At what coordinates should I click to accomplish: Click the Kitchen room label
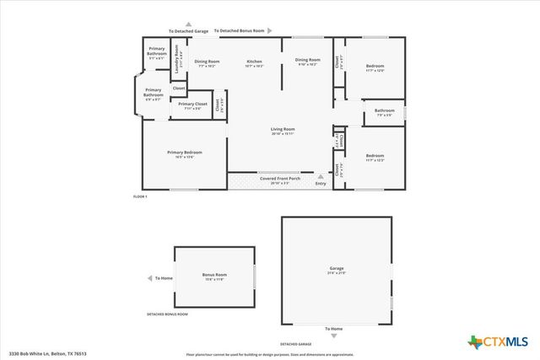click(x=255, y=62)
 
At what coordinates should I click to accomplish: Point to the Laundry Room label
click(x=177, y=57)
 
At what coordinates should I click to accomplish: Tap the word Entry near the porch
click(x=320, y=183)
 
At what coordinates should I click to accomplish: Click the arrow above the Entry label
click(x=320, y=175)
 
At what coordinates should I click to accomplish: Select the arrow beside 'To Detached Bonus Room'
click(x=271, y=31)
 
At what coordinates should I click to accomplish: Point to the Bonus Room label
click(x=214, y=276)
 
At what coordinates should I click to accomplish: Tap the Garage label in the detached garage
click(x=336, y=271)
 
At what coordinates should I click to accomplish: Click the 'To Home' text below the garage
click(x=335, y=328)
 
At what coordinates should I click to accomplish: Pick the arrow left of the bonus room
click(x=147, y=277)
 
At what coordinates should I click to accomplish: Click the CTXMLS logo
click(x=497, y=341)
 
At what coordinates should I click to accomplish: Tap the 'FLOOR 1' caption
click(x=140, y=196)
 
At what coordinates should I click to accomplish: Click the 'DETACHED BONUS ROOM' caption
click(x=167, y=314)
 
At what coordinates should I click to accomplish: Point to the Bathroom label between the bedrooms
click(x=385, y=110)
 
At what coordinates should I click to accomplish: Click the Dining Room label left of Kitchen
click(x=208, y=62)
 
